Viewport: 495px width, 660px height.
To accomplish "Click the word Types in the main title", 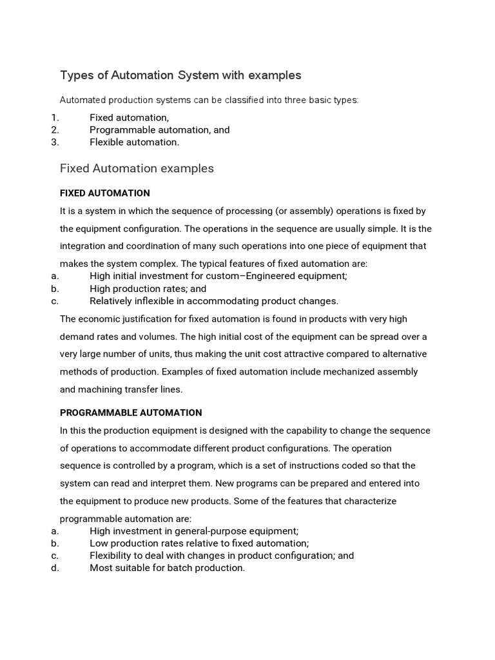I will (77, 75).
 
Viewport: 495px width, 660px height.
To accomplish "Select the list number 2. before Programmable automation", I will (54, 130).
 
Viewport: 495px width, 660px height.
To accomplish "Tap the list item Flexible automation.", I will (134, 142).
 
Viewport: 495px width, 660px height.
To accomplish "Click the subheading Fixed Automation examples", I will (137, 169).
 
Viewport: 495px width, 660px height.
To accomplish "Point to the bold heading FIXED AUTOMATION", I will (104, 193).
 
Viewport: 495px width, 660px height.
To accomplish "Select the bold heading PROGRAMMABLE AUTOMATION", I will (131, 412).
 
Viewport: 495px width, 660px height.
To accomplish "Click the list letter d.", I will (54, 568).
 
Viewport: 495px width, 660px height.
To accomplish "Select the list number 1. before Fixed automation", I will (54, 117).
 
